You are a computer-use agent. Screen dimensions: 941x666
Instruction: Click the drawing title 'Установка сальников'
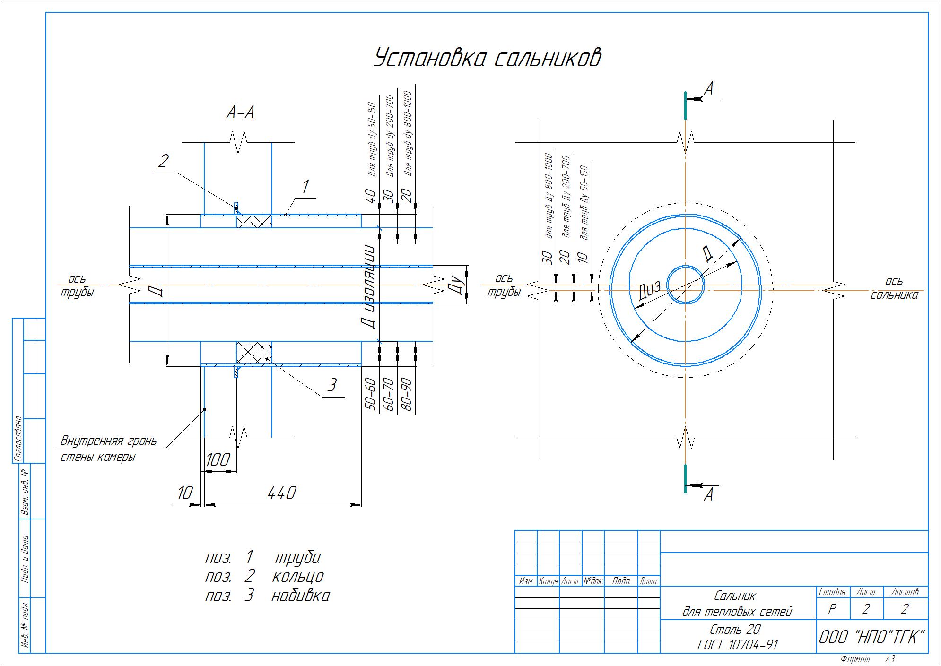[488, 58]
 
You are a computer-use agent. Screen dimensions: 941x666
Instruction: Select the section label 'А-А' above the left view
[240, 112]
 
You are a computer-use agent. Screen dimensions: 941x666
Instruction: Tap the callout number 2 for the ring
[163, 161]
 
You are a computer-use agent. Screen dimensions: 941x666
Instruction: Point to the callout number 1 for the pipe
[305, 187]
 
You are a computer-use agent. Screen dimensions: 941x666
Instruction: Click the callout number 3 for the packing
[332, 385]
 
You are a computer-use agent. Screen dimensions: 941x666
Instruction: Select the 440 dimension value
[282, 493]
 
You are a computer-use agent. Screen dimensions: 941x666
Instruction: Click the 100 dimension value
[218, 459]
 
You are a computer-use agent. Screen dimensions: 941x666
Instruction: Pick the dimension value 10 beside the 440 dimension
[185, 493]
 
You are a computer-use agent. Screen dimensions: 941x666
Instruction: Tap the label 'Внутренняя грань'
[108, 441]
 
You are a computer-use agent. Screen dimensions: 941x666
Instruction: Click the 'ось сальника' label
[894, 288]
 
